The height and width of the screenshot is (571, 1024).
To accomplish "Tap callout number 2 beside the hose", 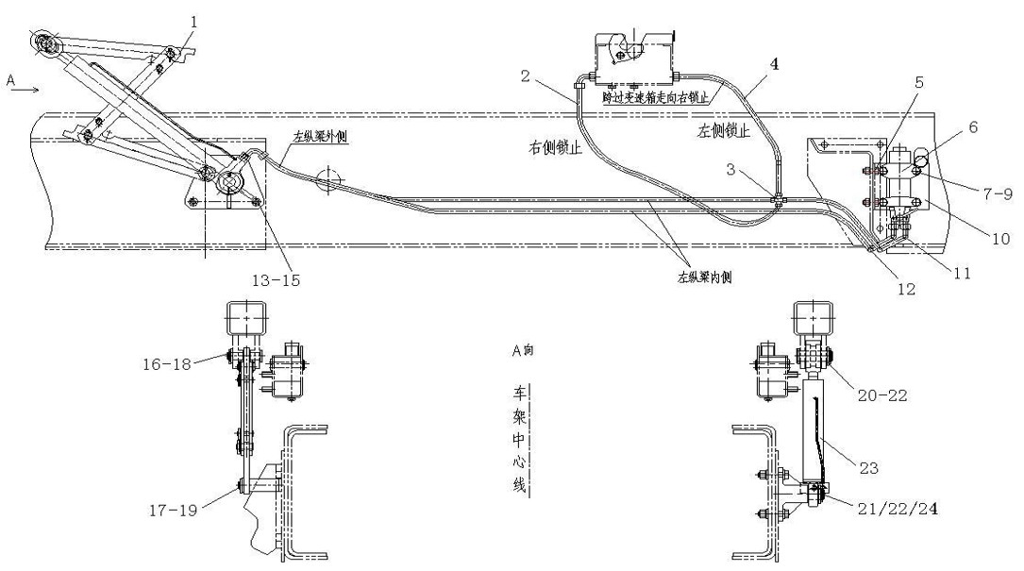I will [526, 75].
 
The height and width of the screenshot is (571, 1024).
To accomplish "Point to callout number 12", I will [905, 291].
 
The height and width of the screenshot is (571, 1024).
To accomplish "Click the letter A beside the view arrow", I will [11, 82].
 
